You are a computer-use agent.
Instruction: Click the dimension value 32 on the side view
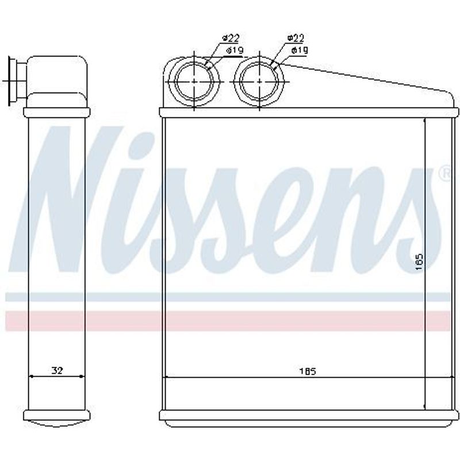(57, 370)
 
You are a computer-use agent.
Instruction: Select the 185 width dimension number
(308, 371)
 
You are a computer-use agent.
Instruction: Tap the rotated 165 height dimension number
(419, 262)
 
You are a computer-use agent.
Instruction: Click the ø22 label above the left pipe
(231, 38)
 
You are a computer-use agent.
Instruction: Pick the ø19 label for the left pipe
(235, 51)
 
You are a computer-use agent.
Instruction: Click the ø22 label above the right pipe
(296, 37)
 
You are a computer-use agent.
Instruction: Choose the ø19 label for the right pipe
(300, 51)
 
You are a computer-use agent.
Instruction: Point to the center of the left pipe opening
(194, 82)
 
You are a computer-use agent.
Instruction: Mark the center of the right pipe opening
(259, 82)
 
